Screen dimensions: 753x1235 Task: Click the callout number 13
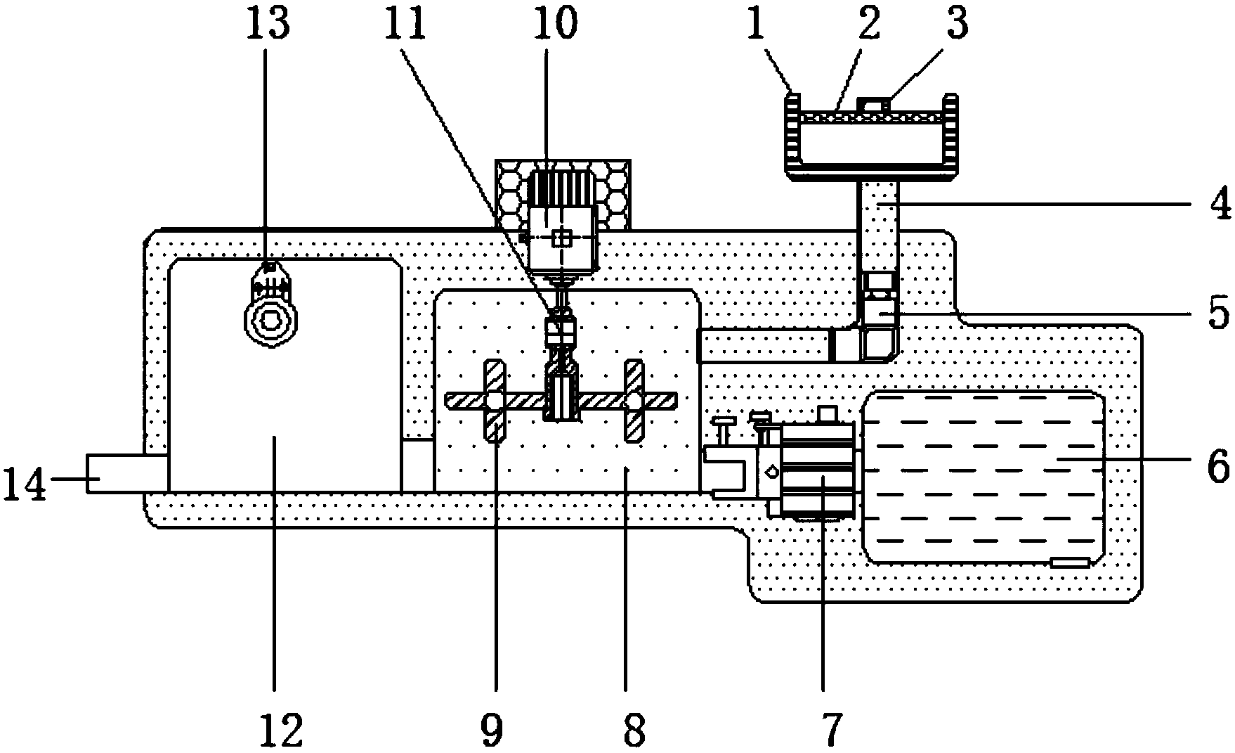[x=268, y=25]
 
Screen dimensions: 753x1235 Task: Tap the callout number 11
[x=410, y=25]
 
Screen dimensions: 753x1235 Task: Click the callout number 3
[x=956, y=25]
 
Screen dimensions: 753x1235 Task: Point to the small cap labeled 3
[x=874, y=105]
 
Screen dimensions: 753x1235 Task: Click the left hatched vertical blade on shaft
[x=495, y=401]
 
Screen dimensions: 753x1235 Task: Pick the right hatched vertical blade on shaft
[x=634, y=401]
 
